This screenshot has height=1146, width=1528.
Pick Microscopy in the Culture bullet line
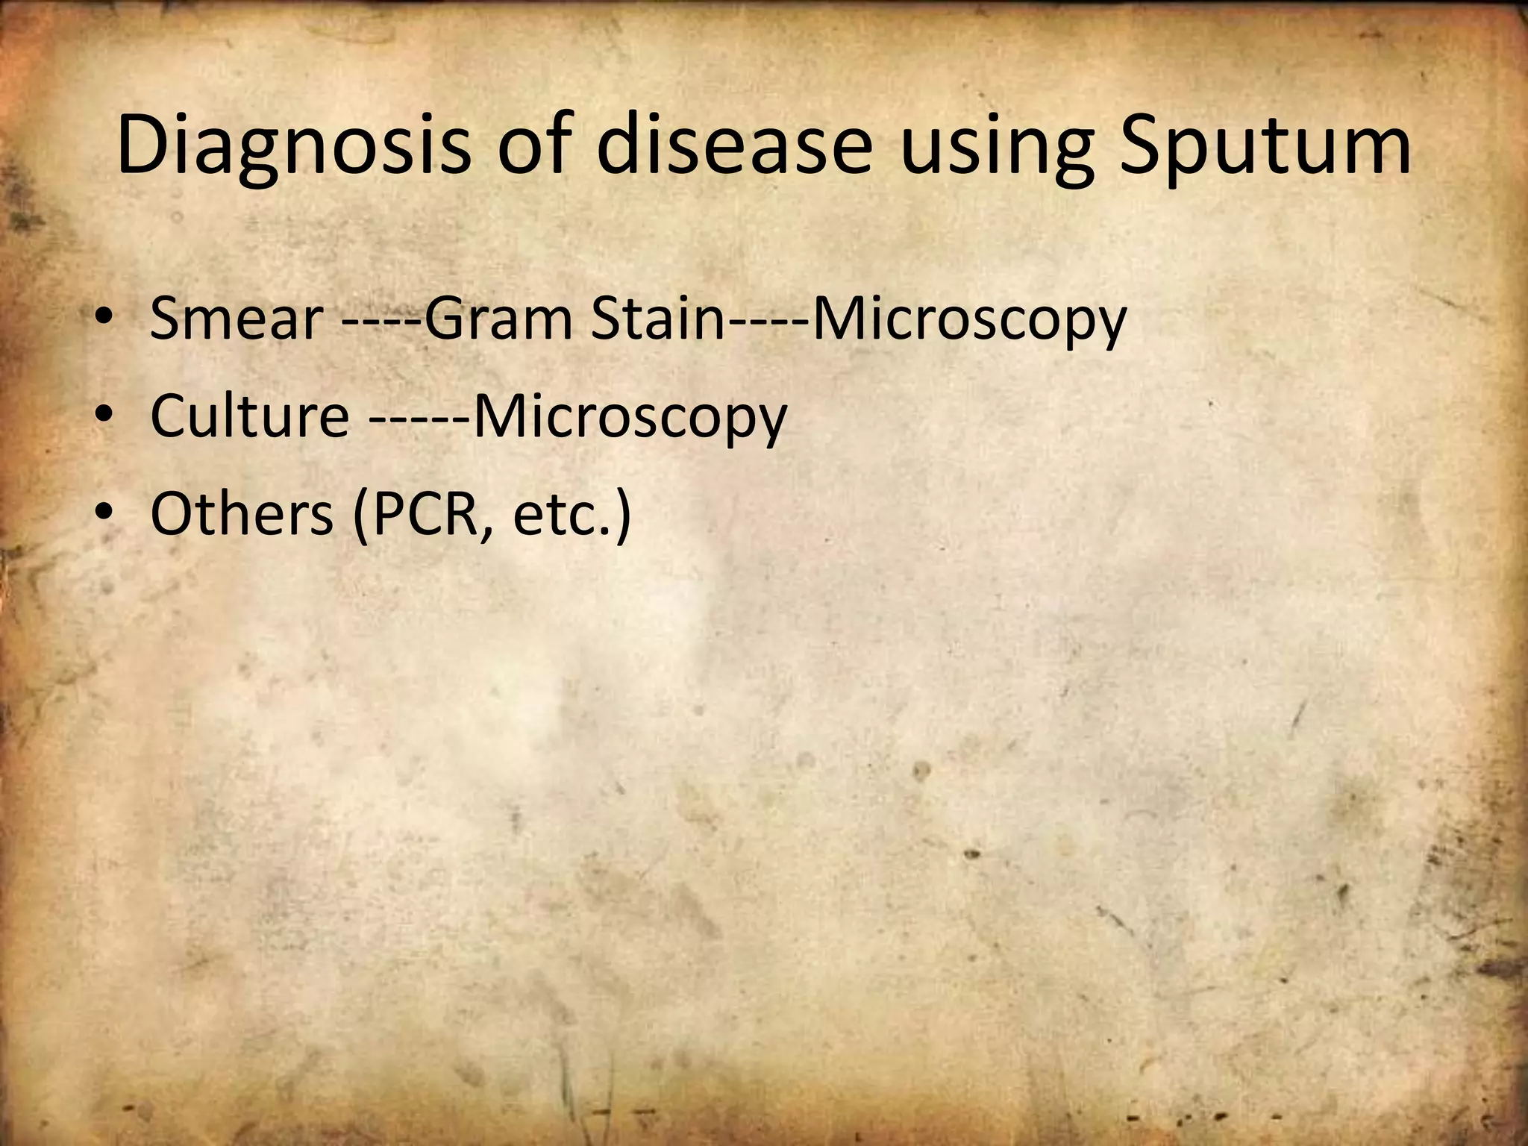coord(630,416)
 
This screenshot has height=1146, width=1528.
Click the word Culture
coord(249,416)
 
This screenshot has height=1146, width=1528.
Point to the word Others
coord(241,514)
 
